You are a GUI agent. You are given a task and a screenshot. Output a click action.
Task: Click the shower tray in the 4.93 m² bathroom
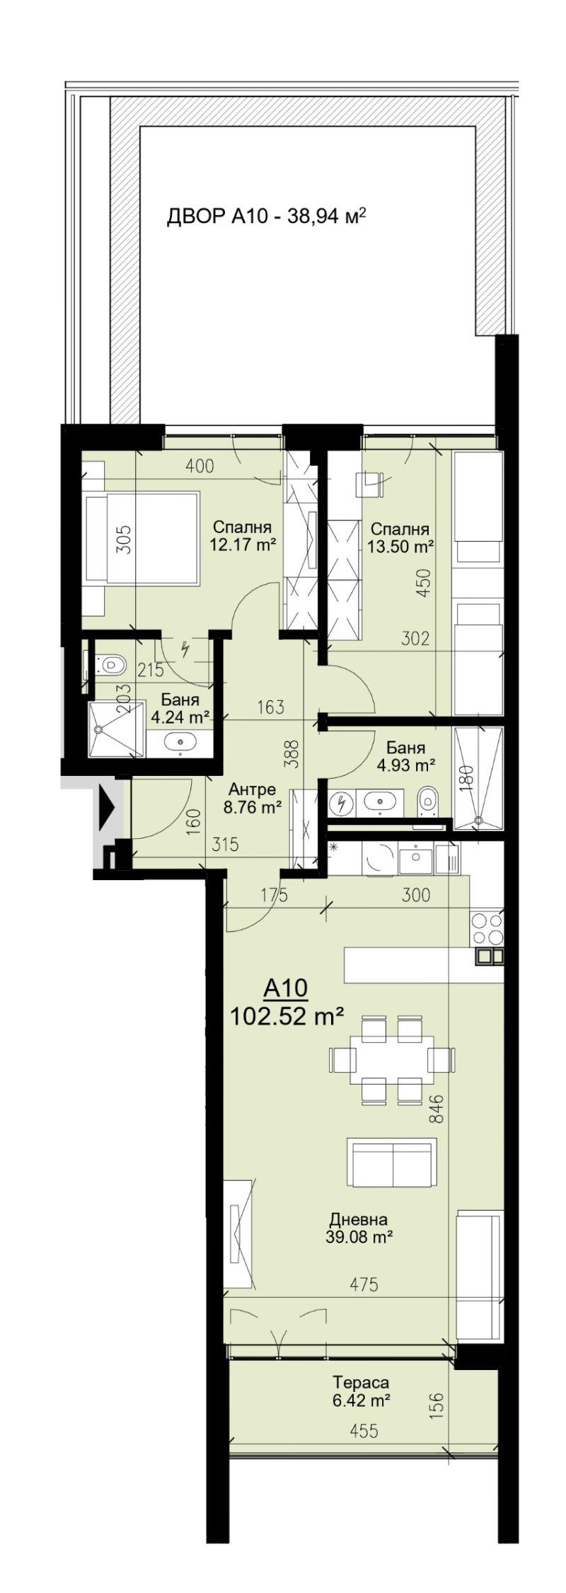[x=479, y=779]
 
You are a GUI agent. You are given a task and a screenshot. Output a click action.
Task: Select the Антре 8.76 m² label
[x=253, y=798]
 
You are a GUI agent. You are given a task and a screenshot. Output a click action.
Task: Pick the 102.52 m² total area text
[x=287, y=1017]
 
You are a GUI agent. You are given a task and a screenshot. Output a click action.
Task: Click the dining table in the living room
[x=391, y=1060]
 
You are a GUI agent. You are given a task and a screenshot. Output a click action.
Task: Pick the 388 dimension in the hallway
[x=295, y=754]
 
